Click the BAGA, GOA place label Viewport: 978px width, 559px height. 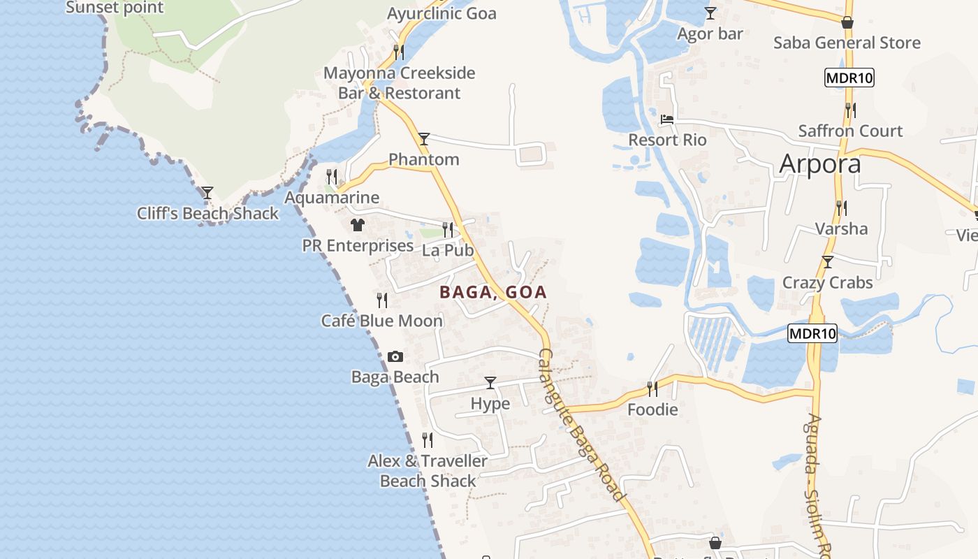pos(493,292)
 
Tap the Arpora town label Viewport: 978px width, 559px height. pos(819,164)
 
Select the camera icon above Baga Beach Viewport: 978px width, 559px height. pos(395,357)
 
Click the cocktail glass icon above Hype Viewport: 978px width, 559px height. pos(490,383)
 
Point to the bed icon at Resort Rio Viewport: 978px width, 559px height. pos(667,120)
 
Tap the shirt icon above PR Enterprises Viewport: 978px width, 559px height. pos(358,225)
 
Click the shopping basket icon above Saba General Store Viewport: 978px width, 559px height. pos(847,23)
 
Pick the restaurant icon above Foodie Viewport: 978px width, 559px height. pos(652,389)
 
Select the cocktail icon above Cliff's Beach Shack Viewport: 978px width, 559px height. pos(207,193)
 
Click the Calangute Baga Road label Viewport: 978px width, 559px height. pos(581,425)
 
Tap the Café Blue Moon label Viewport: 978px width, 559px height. pos(382,321)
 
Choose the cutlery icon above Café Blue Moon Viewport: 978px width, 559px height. pos(382,300)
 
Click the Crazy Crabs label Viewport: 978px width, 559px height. pos(828,283)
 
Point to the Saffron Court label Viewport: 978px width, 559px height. pos(850,131)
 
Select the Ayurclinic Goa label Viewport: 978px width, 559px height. pos(441,13)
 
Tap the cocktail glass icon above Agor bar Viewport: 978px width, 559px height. pos(710,13)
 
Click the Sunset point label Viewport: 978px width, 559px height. pos(115,8)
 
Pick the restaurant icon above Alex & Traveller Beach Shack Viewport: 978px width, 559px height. pos(428,440)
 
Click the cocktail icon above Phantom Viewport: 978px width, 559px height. pos(424,139)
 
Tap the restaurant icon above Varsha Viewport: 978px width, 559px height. pos(842,208)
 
